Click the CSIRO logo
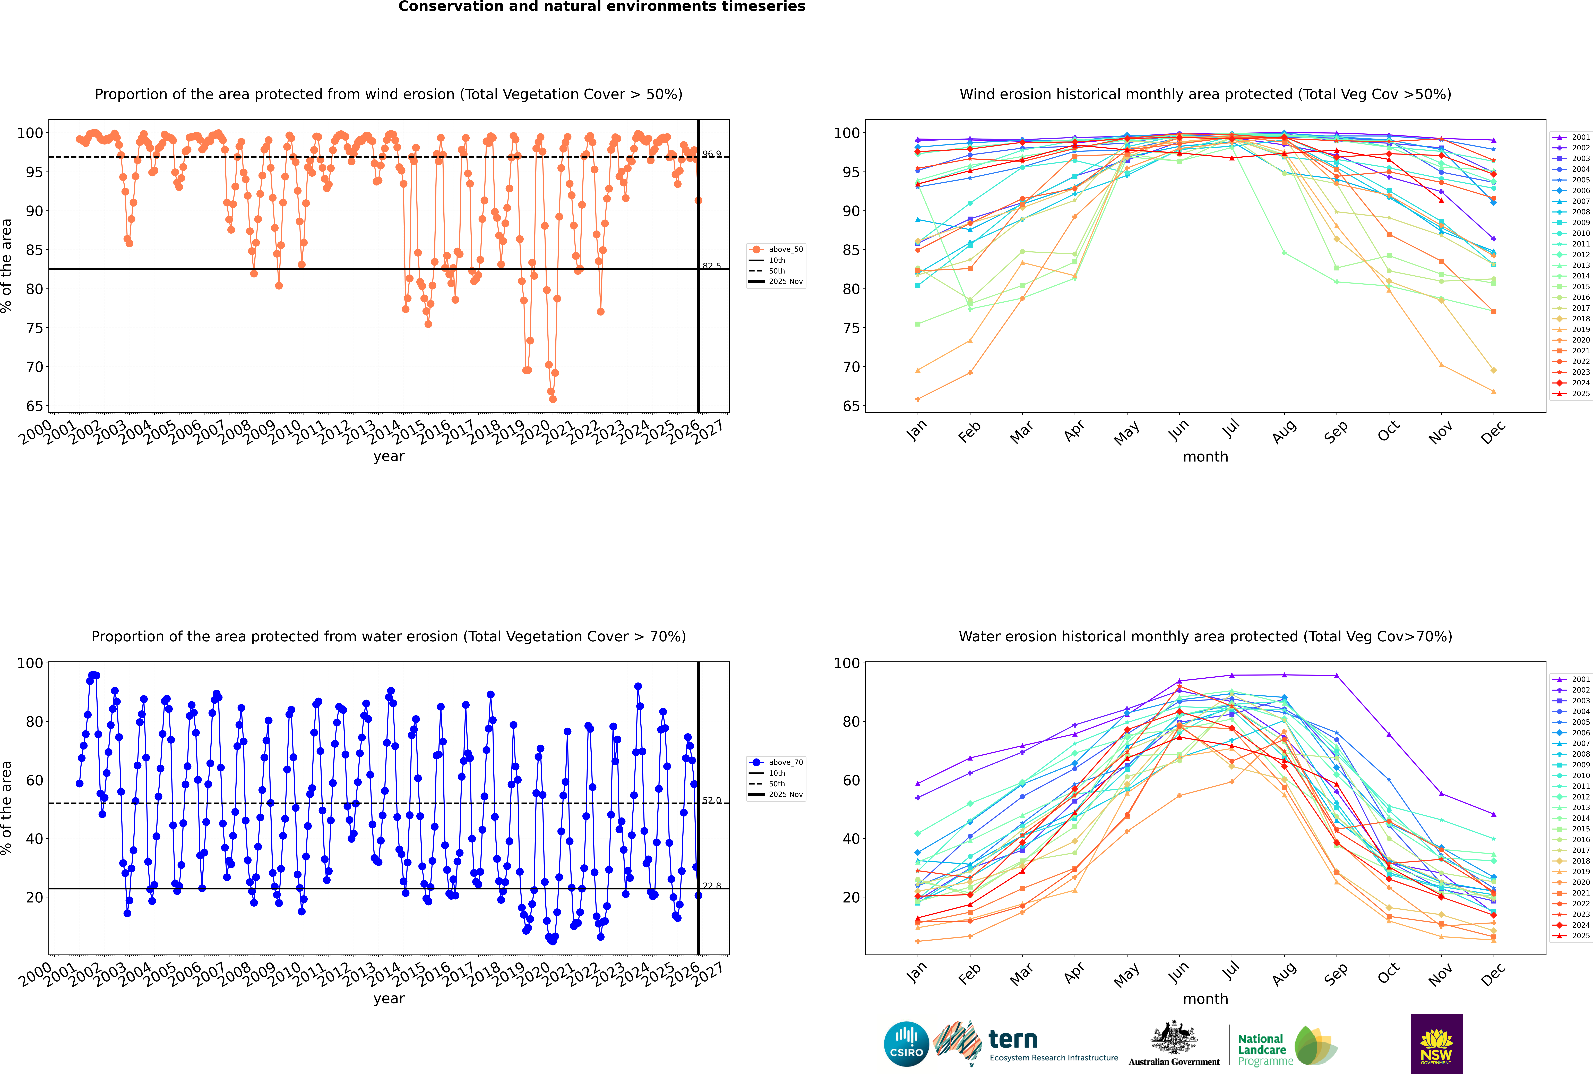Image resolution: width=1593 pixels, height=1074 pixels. tap(906, 1044)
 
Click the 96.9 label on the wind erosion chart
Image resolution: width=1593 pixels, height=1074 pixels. tap(712, 154)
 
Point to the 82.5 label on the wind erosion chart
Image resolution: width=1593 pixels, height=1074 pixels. tap(712, 266)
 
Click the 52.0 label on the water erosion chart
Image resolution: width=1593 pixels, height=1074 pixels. tap(712, 800)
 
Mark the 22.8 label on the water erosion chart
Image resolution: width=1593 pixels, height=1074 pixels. tap(712, 886)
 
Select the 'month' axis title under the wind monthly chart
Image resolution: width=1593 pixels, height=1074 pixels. tap(1205, 457)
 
